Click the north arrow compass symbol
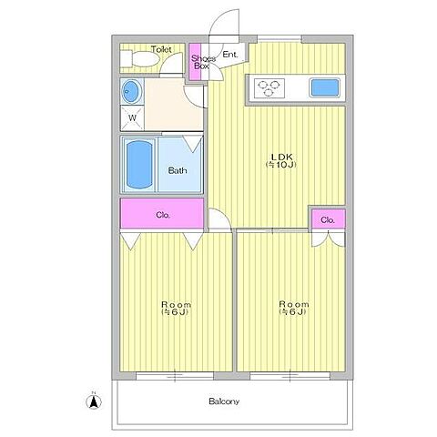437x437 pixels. [94, 401]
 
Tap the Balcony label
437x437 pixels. [224, 401]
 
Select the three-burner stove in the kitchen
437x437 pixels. [269, 88]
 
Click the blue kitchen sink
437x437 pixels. [324, 87]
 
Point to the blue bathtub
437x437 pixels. [139, 165]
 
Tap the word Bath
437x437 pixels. [178, 170]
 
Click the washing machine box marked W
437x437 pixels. [132, 118]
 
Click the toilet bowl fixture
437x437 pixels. [139, 59]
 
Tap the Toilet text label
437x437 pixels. [161, 49]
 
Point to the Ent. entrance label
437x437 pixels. [230, 55]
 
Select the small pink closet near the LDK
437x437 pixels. [329, 219]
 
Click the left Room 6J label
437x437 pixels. [176, 308]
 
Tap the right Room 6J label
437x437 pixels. [294, 308]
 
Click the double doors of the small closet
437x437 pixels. [329, 239]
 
